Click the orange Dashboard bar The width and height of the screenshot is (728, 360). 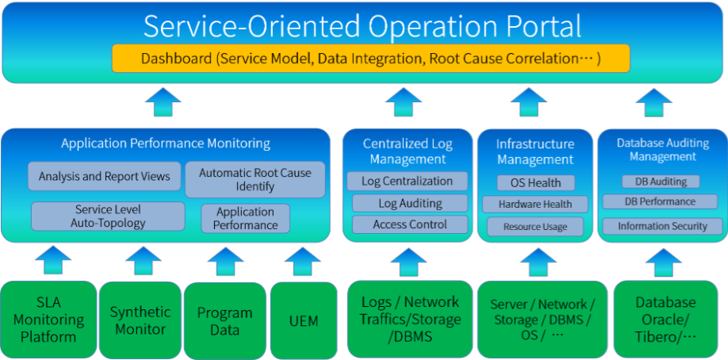pyautogui.click(x=371, y=59)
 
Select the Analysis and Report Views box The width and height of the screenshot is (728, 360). pyautogui.click(x=105, y=176)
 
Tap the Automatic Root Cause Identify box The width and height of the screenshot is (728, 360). pyautogui.click(x=255, y=179)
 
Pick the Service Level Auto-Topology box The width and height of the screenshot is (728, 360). pyautogui.click(x=108, y=216)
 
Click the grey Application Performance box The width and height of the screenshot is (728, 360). pyautogui.click(x=245, y=218)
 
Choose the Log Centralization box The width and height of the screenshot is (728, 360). pyautogui.click(x=407, y=181)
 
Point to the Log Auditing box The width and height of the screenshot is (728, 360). pyautogui.click(x=410, y=203)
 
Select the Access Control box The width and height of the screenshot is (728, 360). pyautogui.click(x=410, y=224)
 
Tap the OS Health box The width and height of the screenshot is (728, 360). pyautogui.click(x=536, y=182)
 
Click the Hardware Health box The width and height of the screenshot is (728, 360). pyautogui.click(x=535, y=204)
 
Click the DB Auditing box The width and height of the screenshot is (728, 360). pyautogui.click(x=661, y=181)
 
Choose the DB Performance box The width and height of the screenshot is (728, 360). pyautogui.click(x=661, y=201)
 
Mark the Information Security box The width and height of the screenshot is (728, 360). pyautogui.click(x=662, y=226)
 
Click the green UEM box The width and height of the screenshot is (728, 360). pyautogui.click(x=304, y=320)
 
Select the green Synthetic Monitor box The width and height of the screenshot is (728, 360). pyautogui.click(x=140, y=320)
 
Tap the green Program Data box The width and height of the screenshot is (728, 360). pyautogui.click(x=225, y=320)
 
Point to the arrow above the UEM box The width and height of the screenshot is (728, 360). pyautogui.click(x=303, y=261)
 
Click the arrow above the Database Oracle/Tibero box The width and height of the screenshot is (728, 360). pyautogui.click(x=664, y=262)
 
